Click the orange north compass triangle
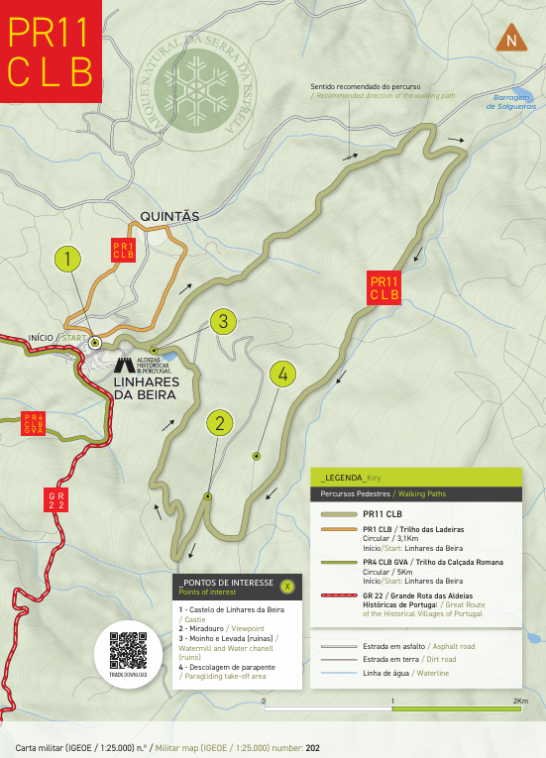(510, 38)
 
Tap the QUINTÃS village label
(170, 215)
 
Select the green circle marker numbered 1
(66, 260)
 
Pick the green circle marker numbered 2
(219, 422)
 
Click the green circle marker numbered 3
(224, 321)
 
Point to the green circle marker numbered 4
(282, 374)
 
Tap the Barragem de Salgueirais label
(513, 101)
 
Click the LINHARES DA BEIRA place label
(145, 387)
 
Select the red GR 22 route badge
(56, 499)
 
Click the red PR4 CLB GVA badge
(34, 424)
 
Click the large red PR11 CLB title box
(51, 52)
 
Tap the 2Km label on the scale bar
(519, 701)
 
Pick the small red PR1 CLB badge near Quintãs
(123, 250)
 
